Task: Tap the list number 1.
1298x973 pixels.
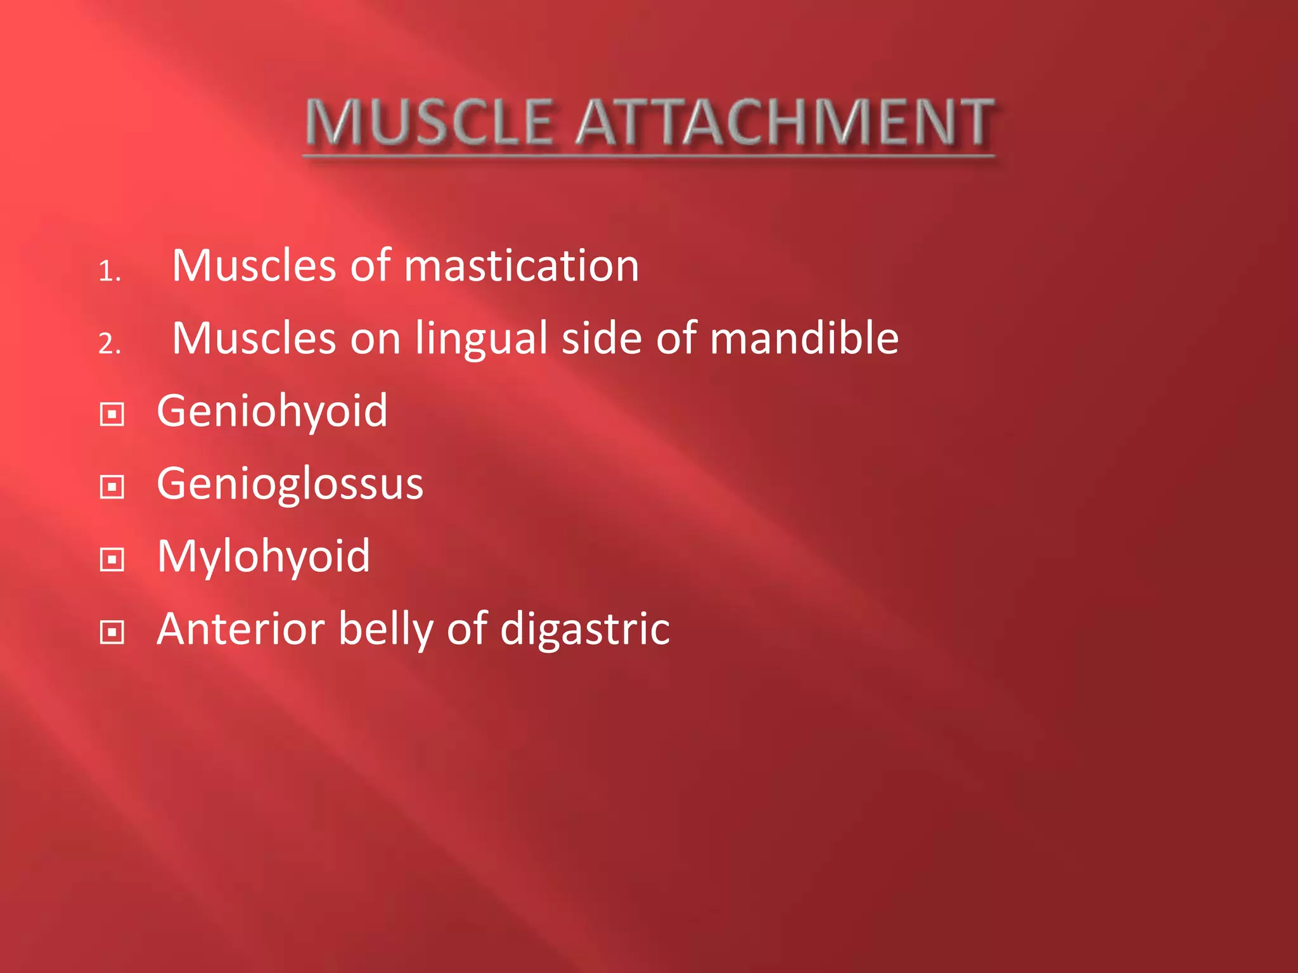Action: tap(108, 272)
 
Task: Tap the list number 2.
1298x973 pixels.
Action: tap(109, 345)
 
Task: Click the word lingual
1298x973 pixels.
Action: tap(481, 339)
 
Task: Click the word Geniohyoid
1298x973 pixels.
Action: tap(272, 412)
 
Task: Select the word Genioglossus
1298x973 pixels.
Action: tap(290, 485)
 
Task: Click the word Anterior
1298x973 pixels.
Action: tap(240, 629)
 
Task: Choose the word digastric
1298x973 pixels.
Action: tap(584, 630)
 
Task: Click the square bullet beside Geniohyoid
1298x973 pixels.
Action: tap(112, 415)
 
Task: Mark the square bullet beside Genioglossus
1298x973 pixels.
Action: tap(112, 487)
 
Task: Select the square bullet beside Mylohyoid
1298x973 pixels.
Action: tap(112, 560)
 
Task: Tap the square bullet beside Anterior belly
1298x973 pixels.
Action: tap(112, 632)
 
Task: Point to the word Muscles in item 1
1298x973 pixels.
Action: tap(254, 265)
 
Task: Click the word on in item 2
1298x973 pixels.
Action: tap(375, 339)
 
